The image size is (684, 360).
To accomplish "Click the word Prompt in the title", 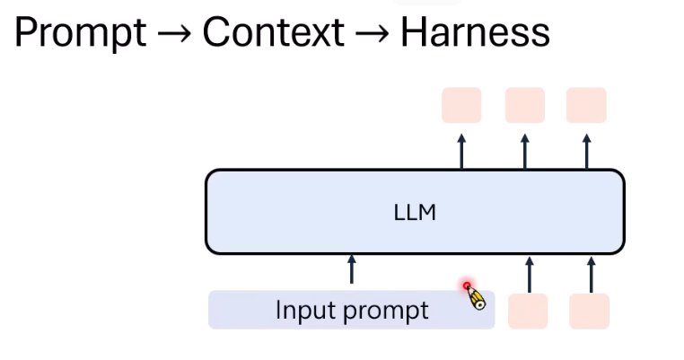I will pos(80,32).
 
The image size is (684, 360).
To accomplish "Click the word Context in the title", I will pos(273,32).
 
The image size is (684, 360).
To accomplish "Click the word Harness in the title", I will pos(474,32).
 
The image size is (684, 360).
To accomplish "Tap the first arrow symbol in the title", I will pos(174,34).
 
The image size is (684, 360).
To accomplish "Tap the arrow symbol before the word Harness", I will pos(372,34).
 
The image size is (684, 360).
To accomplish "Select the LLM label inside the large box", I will pos(415,213).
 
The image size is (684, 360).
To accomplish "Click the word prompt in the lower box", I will pos(387,311).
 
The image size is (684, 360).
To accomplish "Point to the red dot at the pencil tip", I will pos(468,286).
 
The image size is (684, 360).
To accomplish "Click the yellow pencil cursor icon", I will pos(477,297).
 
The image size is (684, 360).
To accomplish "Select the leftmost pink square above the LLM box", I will pos(461,105).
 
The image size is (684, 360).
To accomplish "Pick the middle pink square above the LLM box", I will pos(524,105).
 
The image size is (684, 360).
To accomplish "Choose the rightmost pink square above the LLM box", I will pos(586,105).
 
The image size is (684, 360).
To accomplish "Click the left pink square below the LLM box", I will pos(528,311).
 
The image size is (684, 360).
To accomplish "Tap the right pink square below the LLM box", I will pos(590,311).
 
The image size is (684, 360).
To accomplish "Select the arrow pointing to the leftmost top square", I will pos(461,151).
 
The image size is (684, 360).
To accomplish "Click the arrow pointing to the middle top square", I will pos(524,151).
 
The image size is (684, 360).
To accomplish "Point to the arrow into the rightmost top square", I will pos(586,151).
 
